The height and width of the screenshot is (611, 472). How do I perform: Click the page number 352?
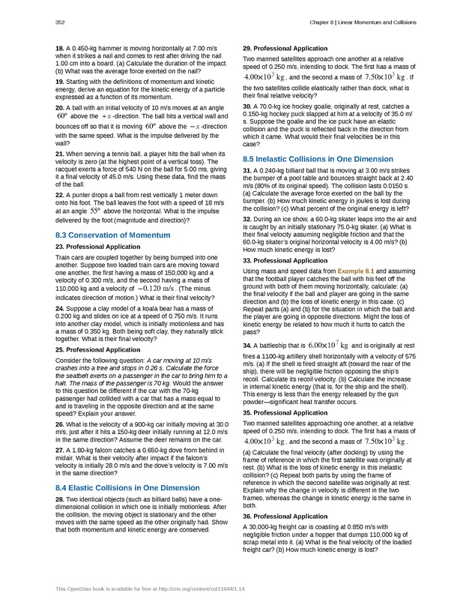[59, 22]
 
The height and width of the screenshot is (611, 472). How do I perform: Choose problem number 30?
[247, 106]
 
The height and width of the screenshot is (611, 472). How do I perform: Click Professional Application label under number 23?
[100, 247]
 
